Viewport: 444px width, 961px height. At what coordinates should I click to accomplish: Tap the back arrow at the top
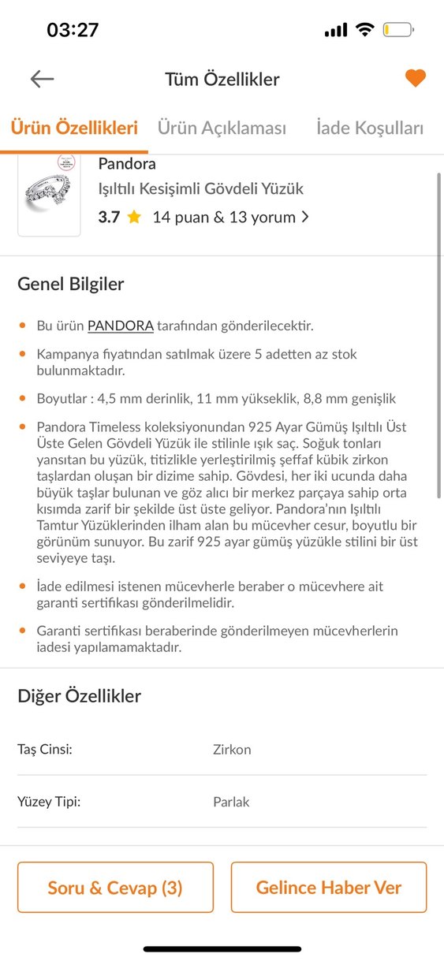click(x=42, y=78)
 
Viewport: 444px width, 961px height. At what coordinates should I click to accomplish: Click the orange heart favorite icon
click(x=416, y=78)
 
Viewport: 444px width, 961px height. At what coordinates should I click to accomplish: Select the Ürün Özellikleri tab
click(x=74, y=128)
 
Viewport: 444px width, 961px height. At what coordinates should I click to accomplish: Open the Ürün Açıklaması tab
click(x=222, y=128)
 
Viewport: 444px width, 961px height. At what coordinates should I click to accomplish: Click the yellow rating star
click(x=134, y=218)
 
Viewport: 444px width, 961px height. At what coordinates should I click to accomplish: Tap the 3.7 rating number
click(x=109, y=218)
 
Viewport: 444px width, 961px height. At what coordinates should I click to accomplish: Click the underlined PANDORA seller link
click(x=120, y=326)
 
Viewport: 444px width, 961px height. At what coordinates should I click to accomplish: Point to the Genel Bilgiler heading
click(x=71, y=285)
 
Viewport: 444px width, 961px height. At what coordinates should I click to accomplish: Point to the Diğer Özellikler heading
click(x=80, y=696)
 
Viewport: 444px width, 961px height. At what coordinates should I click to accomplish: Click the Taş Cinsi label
click(x=45, y=749)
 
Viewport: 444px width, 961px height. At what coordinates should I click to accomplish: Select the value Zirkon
click(x=232, y=750)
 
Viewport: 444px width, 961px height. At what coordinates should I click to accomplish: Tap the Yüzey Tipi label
click(x=49, y=802)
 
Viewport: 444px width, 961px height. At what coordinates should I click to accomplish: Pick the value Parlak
click(x=231, y=803)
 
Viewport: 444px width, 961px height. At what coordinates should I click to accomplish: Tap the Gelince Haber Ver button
click(x=328, y=888)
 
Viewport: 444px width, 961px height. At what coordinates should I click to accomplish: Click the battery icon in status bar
click(x=397, y=31)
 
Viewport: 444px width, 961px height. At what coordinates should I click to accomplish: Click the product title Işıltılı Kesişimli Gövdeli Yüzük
click(x=200, y=189)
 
